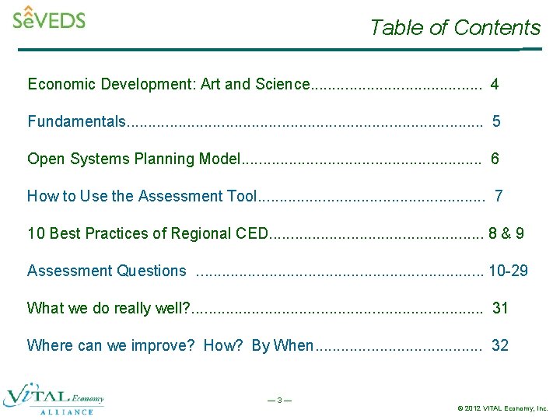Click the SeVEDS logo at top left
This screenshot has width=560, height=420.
pyautogui.click(x=49, y=18)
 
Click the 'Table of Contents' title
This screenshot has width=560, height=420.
pyautogui.click(x=455, y=28)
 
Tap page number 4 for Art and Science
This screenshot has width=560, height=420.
pyautogui.click(x=495, y=84)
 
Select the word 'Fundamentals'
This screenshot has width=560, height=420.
pyautogui.click(x=76, y=121)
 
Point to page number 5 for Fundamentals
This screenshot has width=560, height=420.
pyautogui.click(x=496, y=121)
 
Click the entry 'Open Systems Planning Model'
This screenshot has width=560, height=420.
pyautogui.click(x=134, y=159)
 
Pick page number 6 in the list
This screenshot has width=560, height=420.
pyautogui.click(x=495, y=159)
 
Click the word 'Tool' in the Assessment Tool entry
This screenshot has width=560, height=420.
pyautogui.click(x=241, y=196)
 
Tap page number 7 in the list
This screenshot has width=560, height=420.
pyautogui.click(x=499, y=196)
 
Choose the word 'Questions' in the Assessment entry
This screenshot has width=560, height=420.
pyautogui.click(x=151, y=271)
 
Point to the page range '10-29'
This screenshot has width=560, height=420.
pyautogui.click(x=509, y=271)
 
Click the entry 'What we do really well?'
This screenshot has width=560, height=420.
pyautogui.click(x=109, y=308)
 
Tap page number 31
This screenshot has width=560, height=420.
pyautogui.click(x=500, y=308)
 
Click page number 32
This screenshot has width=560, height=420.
pyautogui.click(x=500, y=345)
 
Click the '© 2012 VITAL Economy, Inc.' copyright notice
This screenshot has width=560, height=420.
pyautogui.click(x=502, y=408)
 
